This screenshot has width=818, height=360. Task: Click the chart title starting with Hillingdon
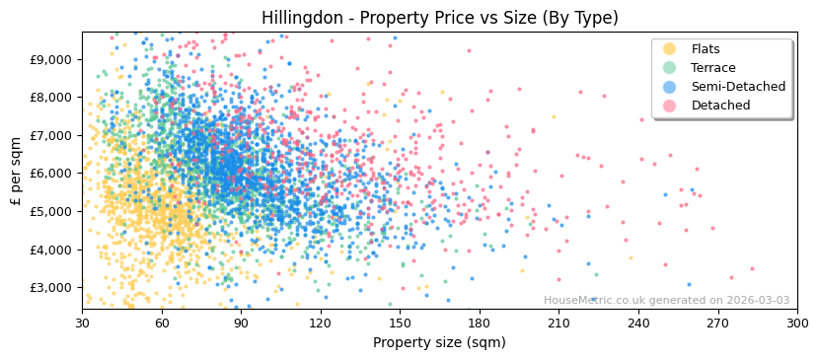439,18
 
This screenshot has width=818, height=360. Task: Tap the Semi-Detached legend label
738,87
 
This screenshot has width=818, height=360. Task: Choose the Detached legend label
720,106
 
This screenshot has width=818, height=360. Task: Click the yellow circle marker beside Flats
670,49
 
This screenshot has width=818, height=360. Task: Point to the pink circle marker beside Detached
670,106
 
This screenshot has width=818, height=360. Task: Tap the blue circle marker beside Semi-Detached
670,87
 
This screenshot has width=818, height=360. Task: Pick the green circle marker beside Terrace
670,68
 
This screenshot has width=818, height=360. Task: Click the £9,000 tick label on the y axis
52,59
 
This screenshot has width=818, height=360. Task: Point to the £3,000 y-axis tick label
52,287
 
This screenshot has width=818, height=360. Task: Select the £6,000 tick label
52,174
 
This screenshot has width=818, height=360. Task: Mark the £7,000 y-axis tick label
52,135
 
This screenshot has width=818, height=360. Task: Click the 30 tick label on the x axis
82,324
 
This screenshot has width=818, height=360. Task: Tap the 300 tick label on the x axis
797,324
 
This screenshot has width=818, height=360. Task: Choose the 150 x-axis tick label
400,324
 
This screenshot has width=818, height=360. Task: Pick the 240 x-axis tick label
638,324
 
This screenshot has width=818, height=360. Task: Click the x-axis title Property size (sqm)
439,343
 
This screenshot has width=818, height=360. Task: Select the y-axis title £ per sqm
16,172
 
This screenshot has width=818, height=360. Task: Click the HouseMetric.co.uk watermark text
666,301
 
